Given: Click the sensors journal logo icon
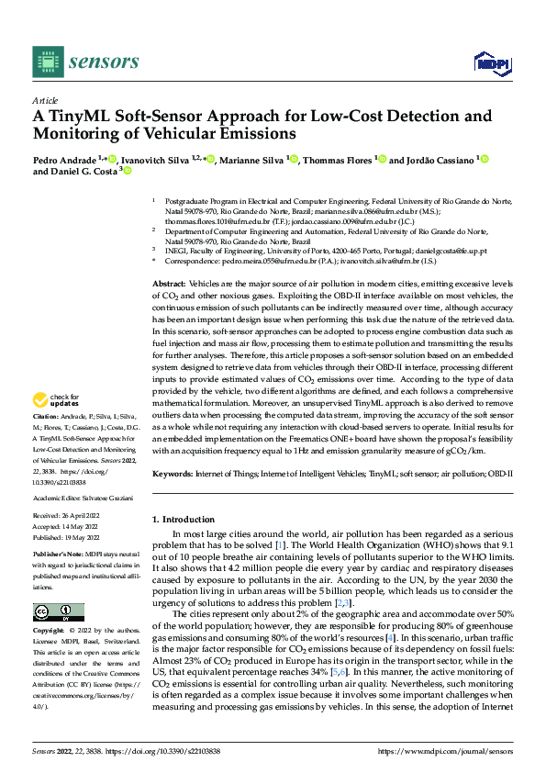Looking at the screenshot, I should point(46,61).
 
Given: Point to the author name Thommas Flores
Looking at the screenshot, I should point(337,161).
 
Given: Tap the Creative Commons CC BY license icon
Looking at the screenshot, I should point(58,612).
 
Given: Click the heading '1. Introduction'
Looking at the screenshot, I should point(188,519).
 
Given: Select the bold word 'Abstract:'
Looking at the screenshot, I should point(169,260).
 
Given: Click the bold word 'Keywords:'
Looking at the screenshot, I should point(173,474).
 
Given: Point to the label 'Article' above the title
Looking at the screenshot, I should point(45,100).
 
